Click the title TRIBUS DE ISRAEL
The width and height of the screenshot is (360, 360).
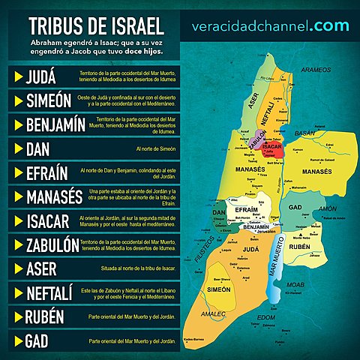[x=95, y=24]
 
